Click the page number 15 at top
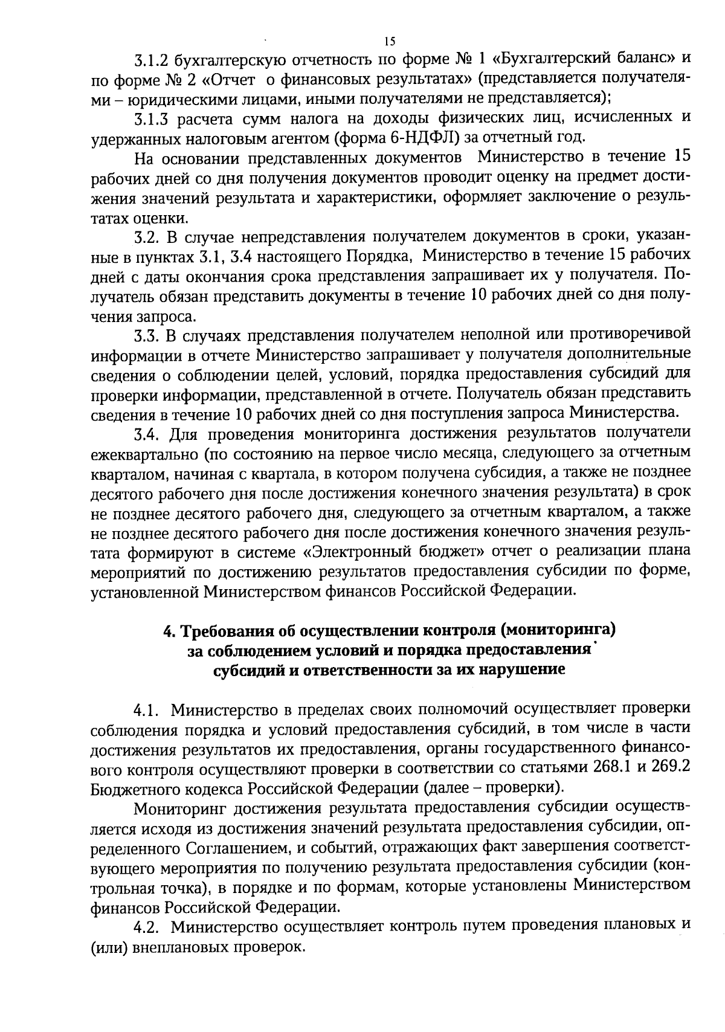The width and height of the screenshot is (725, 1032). tap(389, 41)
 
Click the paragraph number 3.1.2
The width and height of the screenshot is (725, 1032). tap(152, 60)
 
